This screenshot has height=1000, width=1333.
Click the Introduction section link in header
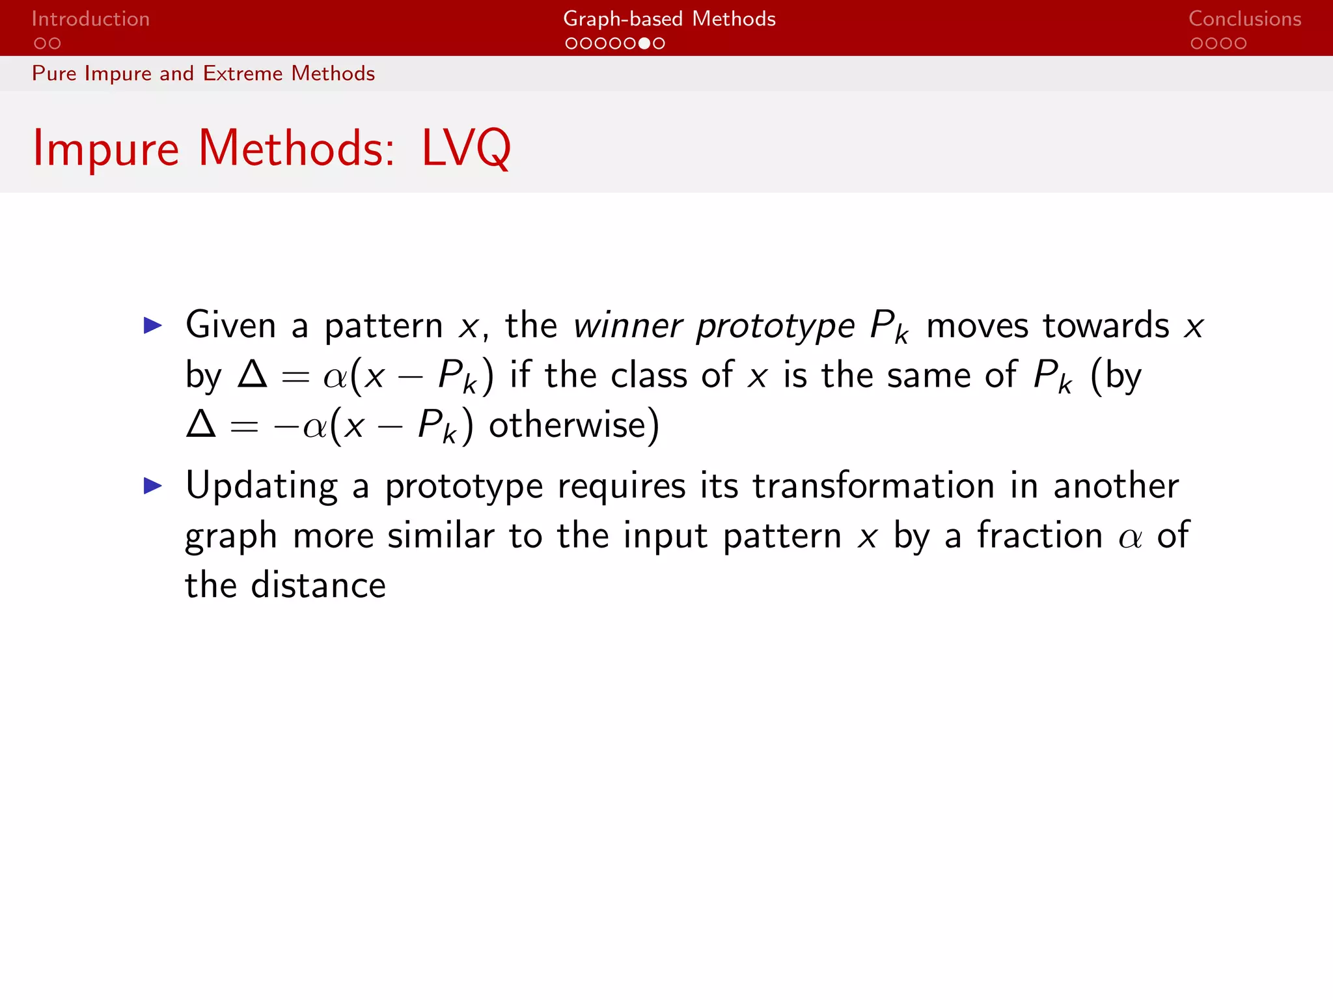click(x=90, y=19)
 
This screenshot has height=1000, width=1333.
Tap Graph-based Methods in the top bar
click(x=668, y=19)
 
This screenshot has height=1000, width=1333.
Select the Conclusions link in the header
click(x=1244, y=19)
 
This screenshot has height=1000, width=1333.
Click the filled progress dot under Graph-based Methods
click(x=644, y=44)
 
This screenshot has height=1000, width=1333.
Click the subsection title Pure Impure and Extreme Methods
click(x=203, y=74)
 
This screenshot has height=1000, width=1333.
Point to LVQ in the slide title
click(x=466, y=148)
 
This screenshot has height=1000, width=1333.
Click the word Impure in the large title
click(x=105, y=148)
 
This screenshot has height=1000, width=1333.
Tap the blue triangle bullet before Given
click(x=152, y=325)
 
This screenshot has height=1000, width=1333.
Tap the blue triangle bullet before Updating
click(x=152, y=485)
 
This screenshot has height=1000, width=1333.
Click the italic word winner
click(x=627, y=326)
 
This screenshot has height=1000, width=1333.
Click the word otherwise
click(x=567, y=425)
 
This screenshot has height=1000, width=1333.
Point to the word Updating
click(x=261, y=487)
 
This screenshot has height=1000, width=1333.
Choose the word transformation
click(x=873, y=486)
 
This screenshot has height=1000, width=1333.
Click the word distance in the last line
click(x=318, y=585)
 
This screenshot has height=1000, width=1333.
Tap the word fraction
click(x=1039, y=536)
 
